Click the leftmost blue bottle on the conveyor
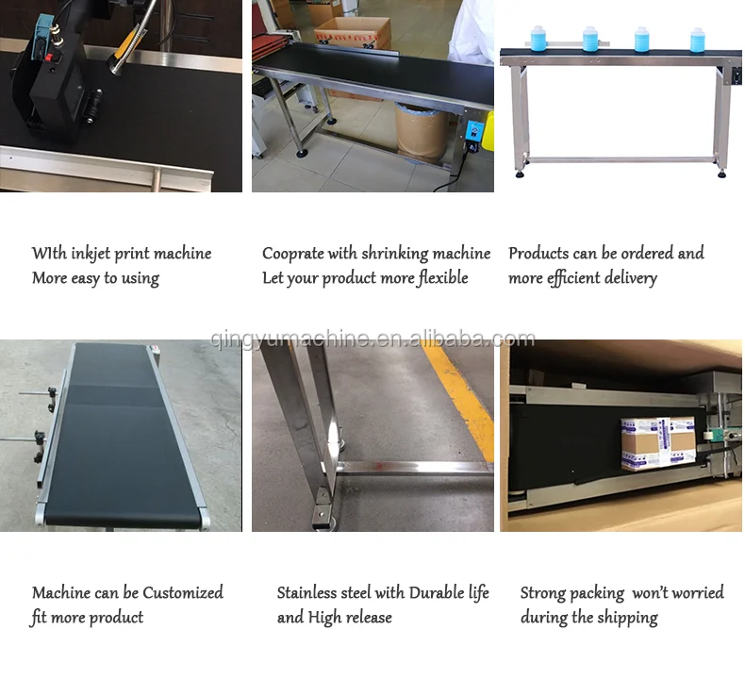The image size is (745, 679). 540,38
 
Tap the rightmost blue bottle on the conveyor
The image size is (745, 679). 698,39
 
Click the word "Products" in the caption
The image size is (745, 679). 538,254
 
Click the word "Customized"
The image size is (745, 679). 183,593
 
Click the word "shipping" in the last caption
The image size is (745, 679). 627,618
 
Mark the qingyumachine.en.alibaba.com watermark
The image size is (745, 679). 372,339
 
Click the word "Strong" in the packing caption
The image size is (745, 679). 546,593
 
